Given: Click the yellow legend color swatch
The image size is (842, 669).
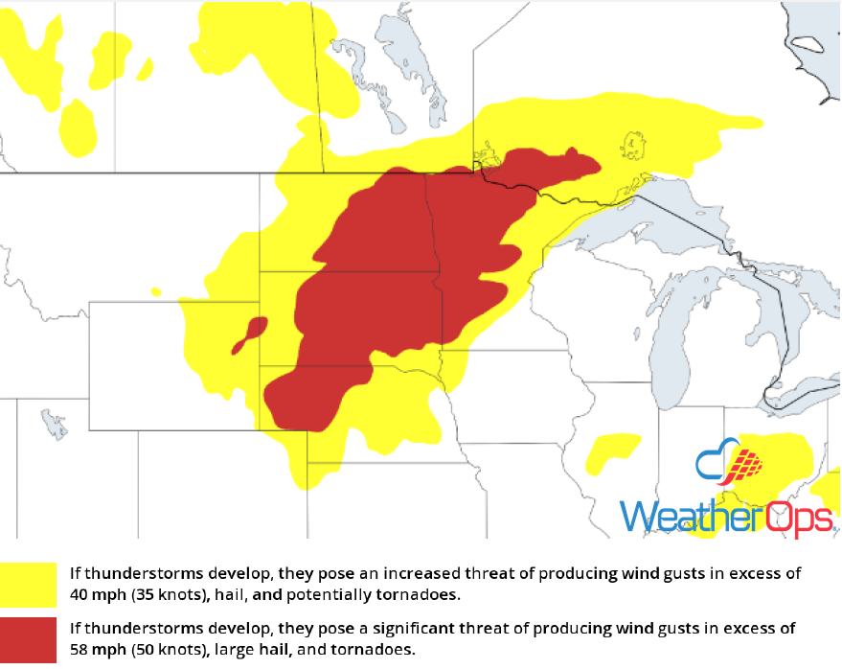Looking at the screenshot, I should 28,584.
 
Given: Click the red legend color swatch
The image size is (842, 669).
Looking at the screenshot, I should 28,638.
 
